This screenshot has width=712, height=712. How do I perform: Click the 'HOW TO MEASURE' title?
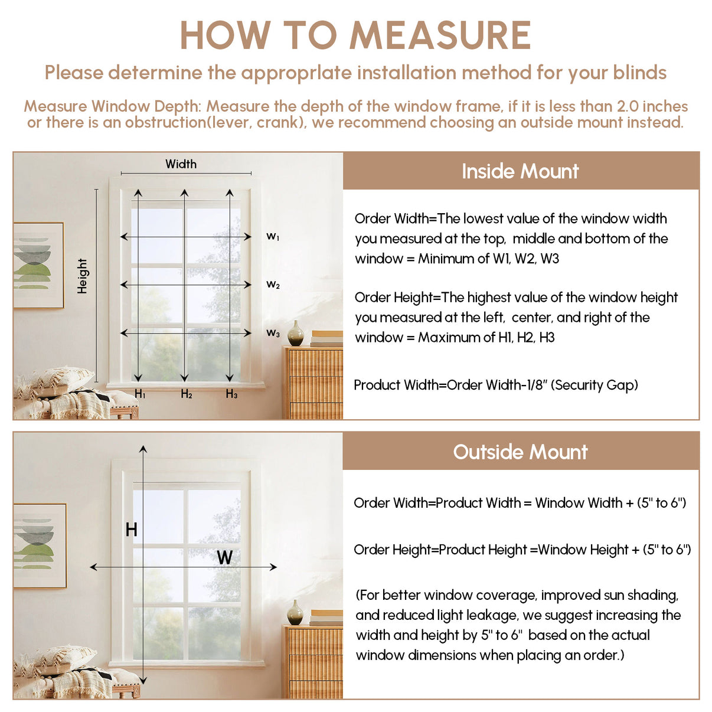tap(355, 35)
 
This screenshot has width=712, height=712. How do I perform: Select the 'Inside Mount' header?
tap(520, 171)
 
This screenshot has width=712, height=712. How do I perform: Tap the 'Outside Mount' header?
tap(520, 452)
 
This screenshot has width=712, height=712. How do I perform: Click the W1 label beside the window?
tap(273, 237)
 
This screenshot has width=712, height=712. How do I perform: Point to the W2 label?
tap(273, 285)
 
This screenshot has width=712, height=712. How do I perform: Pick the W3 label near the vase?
tap(273, 333)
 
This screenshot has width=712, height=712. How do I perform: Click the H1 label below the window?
tap(140, 394)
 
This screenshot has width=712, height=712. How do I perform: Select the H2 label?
tap(187, 394)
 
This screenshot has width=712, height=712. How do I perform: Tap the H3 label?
tap(231, 394)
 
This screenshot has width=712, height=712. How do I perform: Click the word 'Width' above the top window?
tap(181, 164)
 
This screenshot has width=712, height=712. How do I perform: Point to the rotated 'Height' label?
tap(82, 276)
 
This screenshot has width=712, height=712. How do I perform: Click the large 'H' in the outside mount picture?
tap(131, 530)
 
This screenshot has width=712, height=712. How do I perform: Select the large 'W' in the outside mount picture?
tap(224, 557)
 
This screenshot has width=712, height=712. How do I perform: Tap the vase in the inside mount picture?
tap(296, 334)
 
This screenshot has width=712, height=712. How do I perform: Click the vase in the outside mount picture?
tap(295, 613)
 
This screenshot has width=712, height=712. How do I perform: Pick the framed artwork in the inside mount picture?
tap(38, 265)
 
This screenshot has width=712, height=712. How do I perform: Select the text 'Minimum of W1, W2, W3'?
tap(488, 259)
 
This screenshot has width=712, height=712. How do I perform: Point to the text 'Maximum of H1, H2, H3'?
tap(486, 338)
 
